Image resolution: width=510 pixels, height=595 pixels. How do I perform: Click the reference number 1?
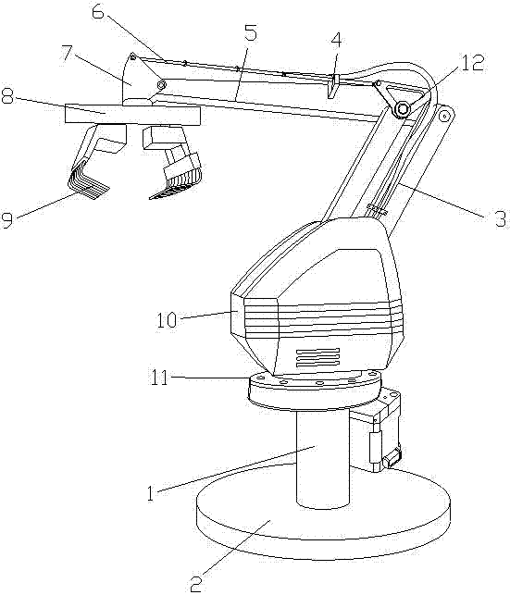[x=151, y=492]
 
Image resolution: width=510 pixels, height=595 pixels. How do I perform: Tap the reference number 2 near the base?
[x=195, y=585]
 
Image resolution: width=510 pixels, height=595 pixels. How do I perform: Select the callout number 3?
[x=501, y=218]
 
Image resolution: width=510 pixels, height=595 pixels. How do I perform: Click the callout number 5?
[x=250, y=32]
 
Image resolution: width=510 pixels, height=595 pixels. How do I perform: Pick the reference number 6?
[x=98, y=15]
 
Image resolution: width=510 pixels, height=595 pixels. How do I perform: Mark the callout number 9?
[x=6, y=220]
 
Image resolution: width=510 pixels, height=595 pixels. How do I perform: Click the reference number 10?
[x=167, y=319]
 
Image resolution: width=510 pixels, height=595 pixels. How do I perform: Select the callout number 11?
[x=159, y=378]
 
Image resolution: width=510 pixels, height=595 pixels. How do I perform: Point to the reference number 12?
[x=473, y=63]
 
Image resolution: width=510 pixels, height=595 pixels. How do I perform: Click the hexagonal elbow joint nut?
[x=402, y=109]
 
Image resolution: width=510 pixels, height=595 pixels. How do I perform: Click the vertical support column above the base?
[x=323, y=458]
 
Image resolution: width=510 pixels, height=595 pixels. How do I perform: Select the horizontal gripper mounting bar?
[x=132, y=114]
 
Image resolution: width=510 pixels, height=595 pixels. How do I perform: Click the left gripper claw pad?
[x=89, y=180]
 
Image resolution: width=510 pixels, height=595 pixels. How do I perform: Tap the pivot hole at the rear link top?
[x=442, y=116]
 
